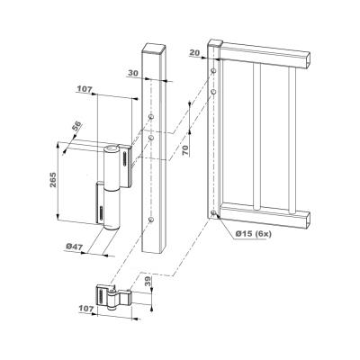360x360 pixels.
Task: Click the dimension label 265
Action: [53, 180]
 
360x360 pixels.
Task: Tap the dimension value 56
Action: [76, 126]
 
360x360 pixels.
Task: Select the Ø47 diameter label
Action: [74, 247]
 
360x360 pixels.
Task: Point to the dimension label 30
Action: [133, 73]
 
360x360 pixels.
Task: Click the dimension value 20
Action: [195, 52]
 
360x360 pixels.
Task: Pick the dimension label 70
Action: [186, 149]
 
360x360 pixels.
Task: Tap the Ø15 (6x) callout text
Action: [254, 234]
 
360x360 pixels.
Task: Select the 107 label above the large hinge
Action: [85, 89]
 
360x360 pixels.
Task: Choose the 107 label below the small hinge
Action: [86, 308]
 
